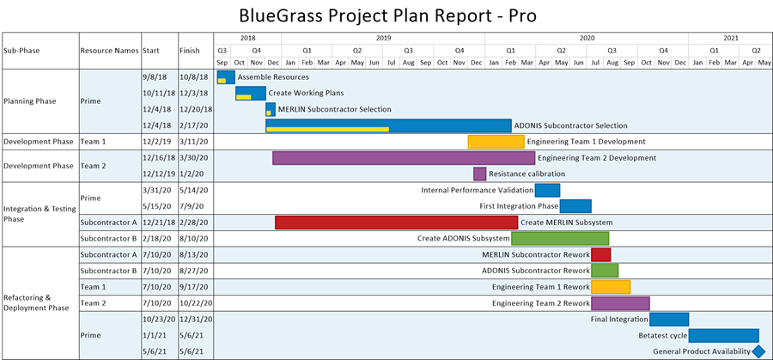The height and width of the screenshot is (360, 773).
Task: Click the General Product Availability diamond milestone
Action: coord(759,351)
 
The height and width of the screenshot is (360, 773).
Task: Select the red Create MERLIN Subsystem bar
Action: coord(396,223)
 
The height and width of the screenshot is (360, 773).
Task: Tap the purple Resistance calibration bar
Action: coord(479,174)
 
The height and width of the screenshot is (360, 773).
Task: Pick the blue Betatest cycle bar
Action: coord(724,336)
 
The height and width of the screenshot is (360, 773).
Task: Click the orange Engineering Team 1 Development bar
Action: coord(496,142)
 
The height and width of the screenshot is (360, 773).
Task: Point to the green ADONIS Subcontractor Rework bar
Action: coord(605,271)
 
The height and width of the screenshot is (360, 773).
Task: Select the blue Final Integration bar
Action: coord(669,320)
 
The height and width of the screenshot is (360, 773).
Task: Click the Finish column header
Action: coord(190,51)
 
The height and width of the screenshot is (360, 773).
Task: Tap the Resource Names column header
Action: coord(109,51)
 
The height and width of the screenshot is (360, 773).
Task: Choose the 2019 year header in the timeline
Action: coord(383,38)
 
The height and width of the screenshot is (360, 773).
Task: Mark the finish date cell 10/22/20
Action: coord(196,303)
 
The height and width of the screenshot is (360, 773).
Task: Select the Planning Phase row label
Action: coord(29,101)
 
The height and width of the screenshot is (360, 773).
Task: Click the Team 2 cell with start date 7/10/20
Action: coord(93,303)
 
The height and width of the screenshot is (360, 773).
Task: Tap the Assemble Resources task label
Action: coord(273,77)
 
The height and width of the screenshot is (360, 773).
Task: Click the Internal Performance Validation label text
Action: coord(478,190)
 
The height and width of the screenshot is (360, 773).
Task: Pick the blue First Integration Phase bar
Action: coord(575,206)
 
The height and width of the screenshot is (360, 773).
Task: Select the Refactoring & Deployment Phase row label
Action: coord(36,302)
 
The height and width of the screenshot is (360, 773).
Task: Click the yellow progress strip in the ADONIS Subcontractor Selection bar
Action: coord(328,129)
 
